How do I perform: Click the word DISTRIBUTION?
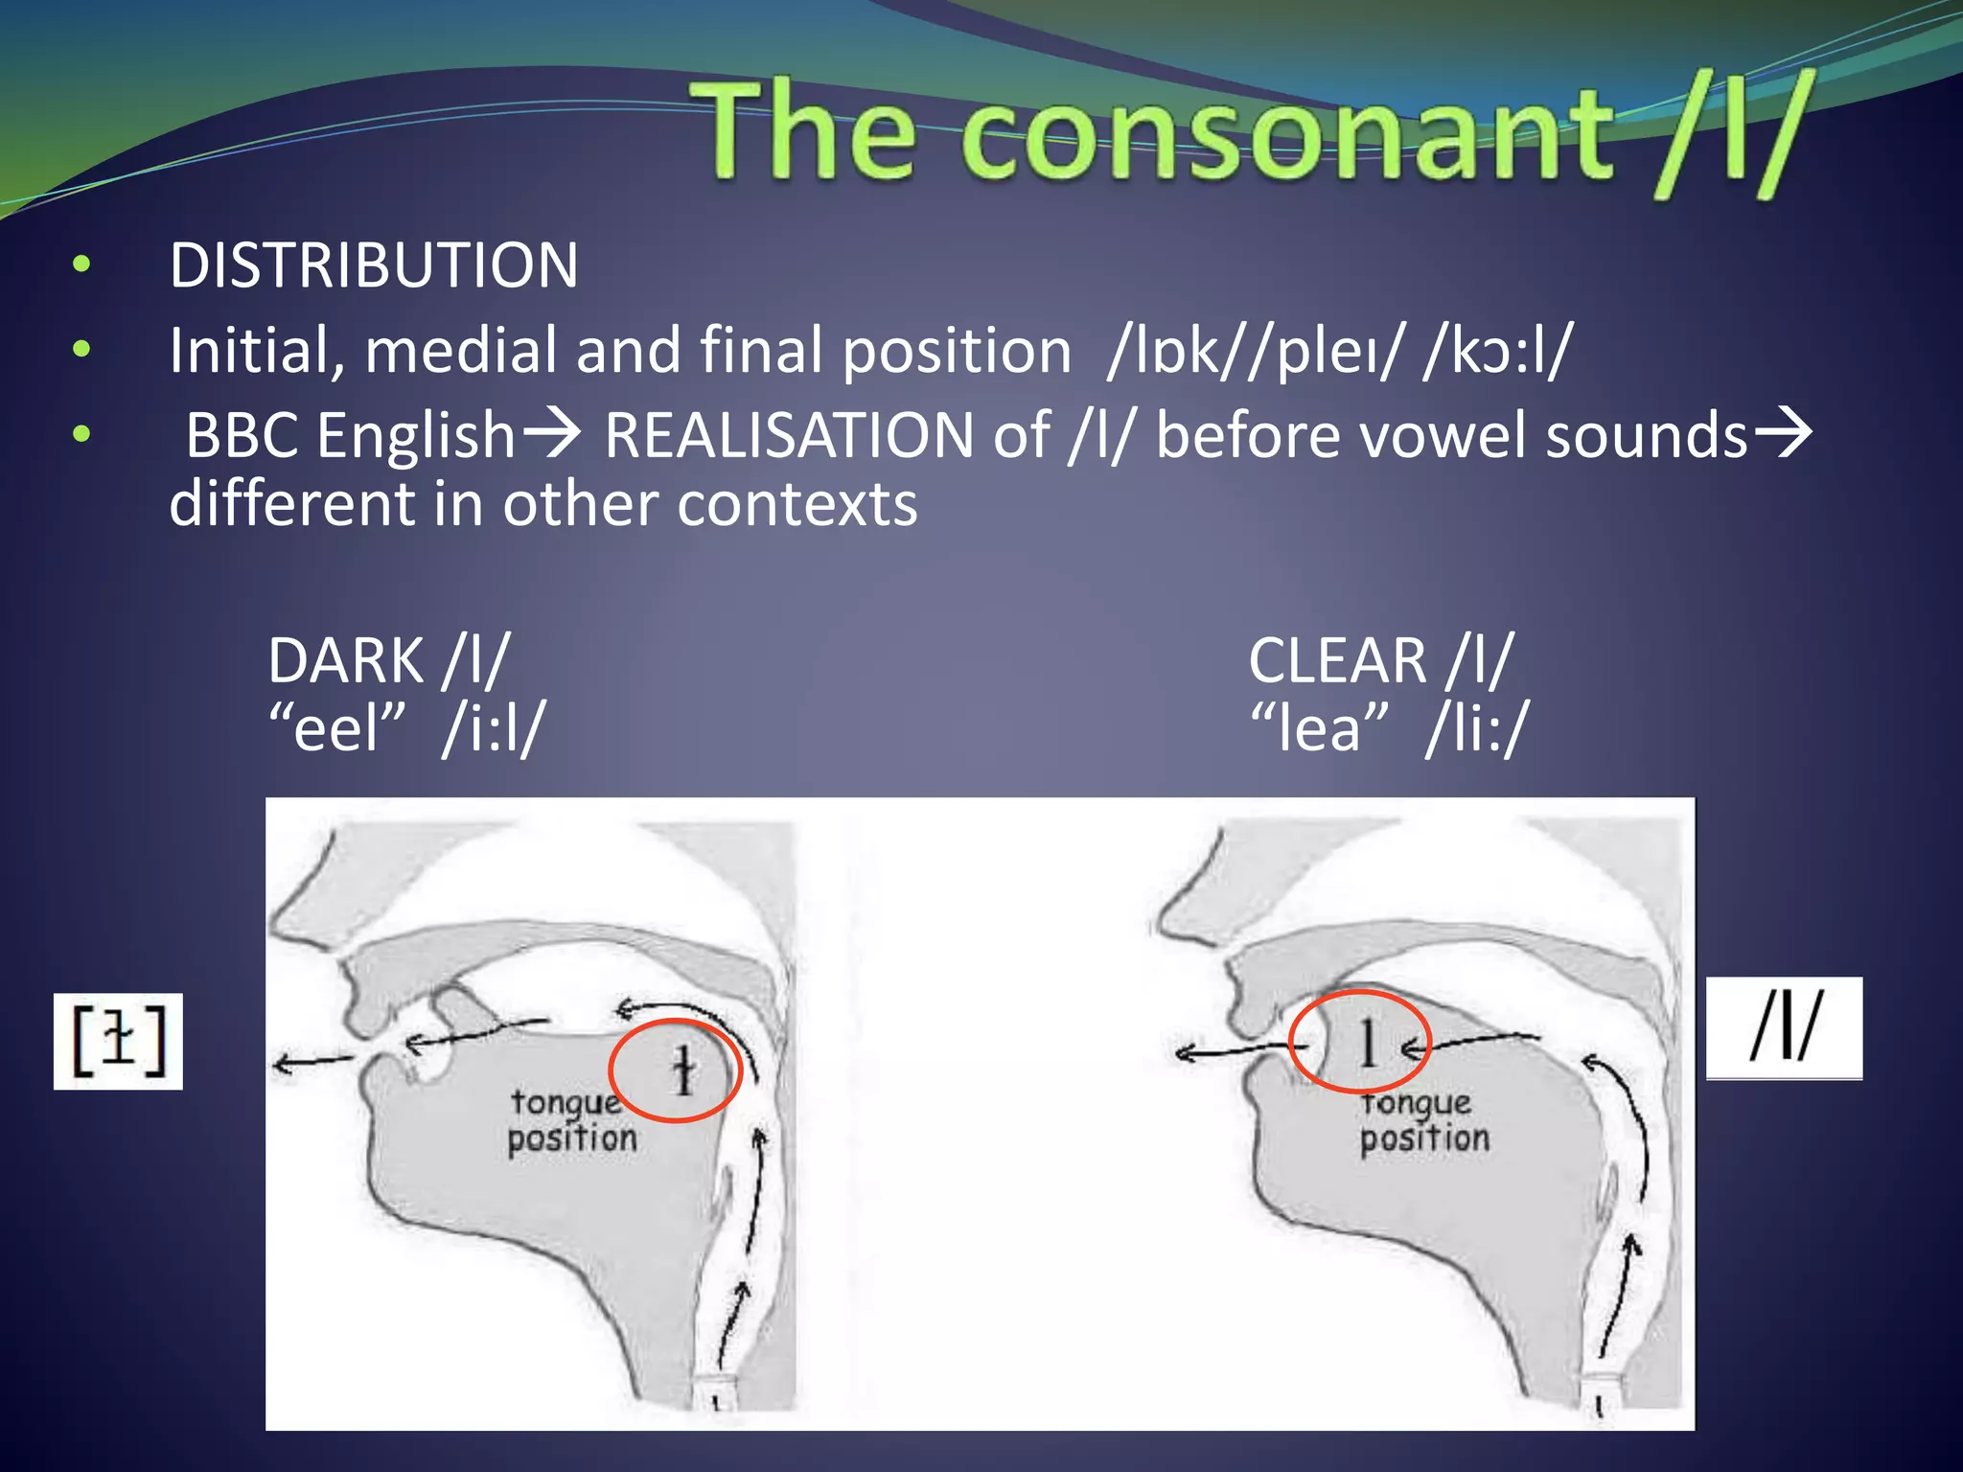(x=374, y=265)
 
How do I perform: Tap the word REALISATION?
(x=789, y=436)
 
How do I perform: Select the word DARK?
(x=345, y=661)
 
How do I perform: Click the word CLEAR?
(x=1338, y=661)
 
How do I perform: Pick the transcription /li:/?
(x=1477, y=728)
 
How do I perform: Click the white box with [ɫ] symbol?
(x=118, y=1042)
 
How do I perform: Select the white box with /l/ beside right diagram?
(x=1784, y=1028)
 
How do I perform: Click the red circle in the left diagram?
(x=676, y=1070)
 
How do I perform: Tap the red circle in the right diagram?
(x=1359, y=1041)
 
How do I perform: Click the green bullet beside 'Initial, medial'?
(x=81, y=350)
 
